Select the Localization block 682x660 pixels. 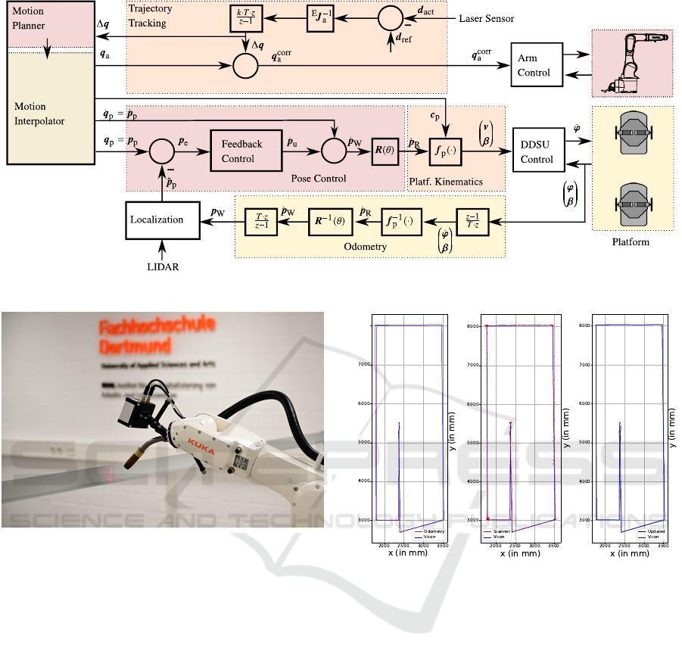[157, 219]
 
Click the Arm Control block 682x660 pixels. [535, 65]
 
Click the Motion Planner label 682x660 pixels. [30, 18]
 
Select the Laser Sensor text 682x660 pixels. [487, 18]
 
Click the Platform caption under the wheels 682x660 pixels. [631, 242]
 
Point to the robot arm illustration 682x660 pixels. [631, 64]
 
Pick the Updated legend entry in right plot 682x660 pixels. [656, 531]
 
